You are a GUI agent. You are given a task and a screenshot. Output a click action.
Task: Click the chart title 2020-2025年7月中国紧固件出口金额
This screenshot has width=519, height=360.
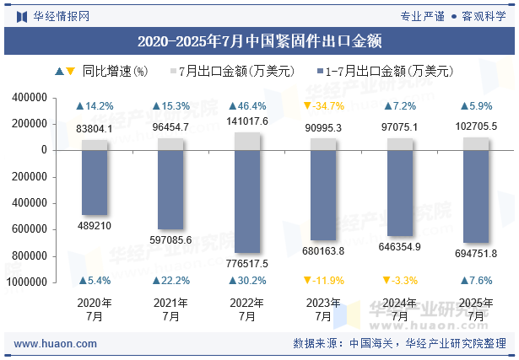tap(259, 40)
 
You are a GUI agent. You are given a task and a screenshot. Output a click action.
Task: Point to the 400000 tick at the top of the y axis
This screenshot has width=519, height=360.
tap(30, 98)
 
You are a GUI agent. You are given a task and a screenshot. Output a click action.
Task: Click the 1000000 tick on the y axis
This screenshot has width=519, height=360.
tap(27, 282)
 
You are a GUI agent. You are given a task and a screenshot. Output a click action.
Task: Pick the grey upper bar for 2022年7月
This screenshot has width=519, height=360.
tap(247, 141)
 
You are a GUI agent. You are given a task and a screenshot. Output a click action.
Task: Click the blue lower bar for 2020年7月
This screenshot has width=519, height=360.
tap(95, 182)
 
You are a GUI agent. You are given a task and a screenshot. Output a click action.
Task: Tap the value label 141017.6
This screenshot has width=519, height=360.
tap(247, 121)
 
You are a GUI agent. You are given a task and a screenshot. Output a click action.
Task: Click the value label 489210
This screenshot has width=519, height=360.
tap(95, 226)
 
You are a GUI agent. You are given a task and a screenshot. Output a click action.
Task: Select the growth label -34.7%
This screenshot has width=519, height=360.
tap(323, 106)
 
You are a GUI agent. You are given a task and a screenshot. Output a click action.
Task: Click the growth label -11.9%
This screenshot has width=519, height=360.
tap(323, 281)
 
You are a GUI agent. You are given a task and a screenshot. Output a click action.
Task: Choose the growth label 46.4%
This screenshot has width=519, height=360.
tap(247, 106)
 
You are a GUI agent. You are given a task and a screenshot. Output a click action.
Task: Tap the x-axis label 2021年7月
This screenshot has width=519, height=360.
tap(170, 309)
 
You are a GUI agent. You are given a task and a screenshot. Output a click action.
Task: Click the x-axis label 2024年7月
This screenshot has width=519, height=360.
tap(400, 309)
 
